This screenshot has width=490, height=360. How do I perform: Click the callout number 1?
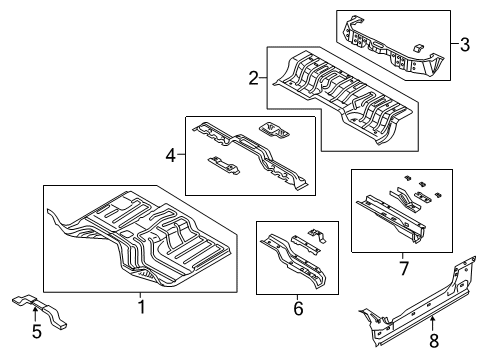coord(141,307)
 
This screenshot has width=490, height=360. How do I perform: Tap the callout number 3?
coord(463,43)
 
